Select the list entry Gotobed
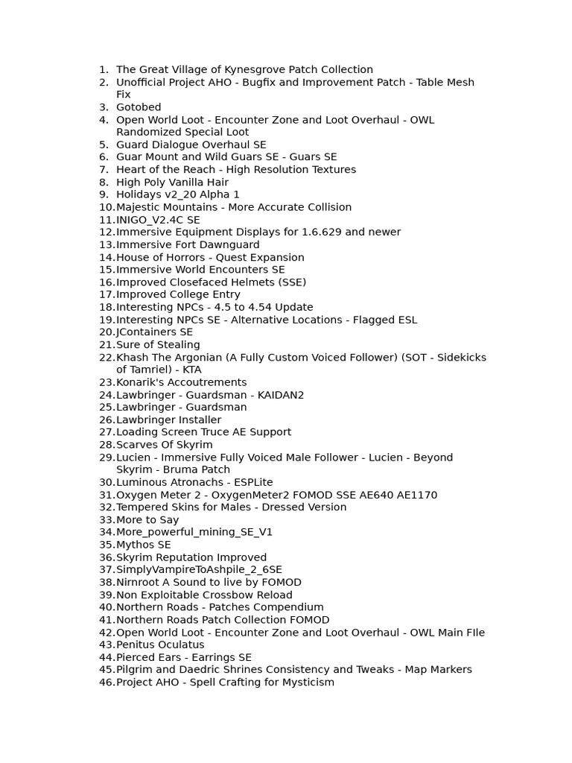click(139, 107)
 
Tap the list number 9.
click(104, 194)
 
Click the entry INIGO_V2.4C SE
click(158, 220)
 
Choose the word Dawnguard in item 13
click(227, 245)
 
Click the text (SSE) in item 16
click(291, 282)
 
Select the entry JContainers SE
click(154, 332)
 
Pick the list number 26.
click(106, 420)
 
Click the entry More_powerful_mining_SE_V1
click(194, 533)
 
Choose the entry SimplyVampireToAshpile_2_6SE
click(199, 570)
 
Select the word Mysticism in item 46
click(305, 683)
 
